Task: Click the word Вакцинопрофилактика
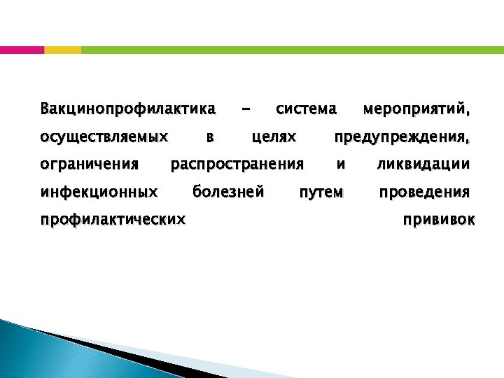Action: click(128, 109)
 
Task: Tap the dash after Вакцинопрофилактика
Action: click(245, 110)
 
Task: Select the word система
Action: click(307, 109)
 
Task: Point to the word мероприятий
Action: click(416, 110)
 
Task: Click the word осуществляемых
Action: click(104, 136)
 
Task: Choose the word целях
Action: click(274, 137)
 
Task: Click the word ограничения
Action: click(90, 164)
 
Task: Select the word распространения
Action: click(237, 165)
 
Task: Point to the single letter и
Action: click(341, 164)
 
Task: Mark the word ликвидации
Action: click(423, 164)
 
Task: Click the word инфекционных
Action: click(99, 191)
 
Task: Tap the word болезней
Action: click(228, 191)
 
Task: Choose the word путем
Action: click(321, 192)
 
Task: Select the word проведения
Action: click(424, 192)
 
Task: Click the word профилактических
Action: click(113, 219)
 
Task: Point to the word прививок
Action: click(438, 219)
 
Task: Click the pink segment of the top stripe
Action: click(22, 50)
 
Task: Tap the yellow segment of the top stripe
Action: click(62, 50)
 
